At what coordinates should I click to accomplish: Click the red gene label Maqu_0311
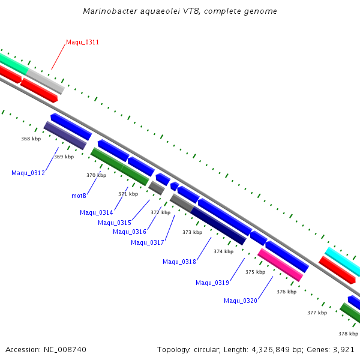click(82, 42)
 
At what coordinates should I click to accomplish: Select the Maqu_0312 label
click(28, 173)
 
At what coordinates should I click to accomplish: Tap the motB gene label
click(79, 196)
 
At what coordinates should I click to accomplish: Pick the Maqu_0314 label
click(96, 212)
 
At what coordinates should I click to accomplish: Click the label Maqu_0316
click(130, 232)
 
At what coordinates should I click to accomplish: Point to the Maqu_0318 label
click(179, 262)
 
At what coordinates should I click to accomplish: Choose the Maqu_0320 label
click(241, 301)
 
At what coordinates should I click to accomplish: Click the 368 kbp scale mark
click(31, 139)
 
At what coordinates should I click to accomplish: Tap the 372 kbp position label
click(160, 212)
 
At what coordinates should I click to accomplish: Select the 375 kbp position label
click(255, 272)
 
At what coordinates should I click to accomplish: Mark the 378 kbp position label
click(348, 334)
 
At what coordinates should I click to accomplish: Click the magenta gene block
click(280, 265)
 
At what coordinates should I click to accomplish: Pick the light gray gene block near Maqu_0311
click(45, 81)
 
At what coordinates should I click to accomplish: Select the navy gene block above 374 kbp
click(218, 226)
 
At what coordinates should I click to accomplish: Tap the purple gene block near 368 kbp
click(65, 135)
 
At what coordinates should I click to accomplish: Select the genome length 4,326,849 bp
click(269, 349)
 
